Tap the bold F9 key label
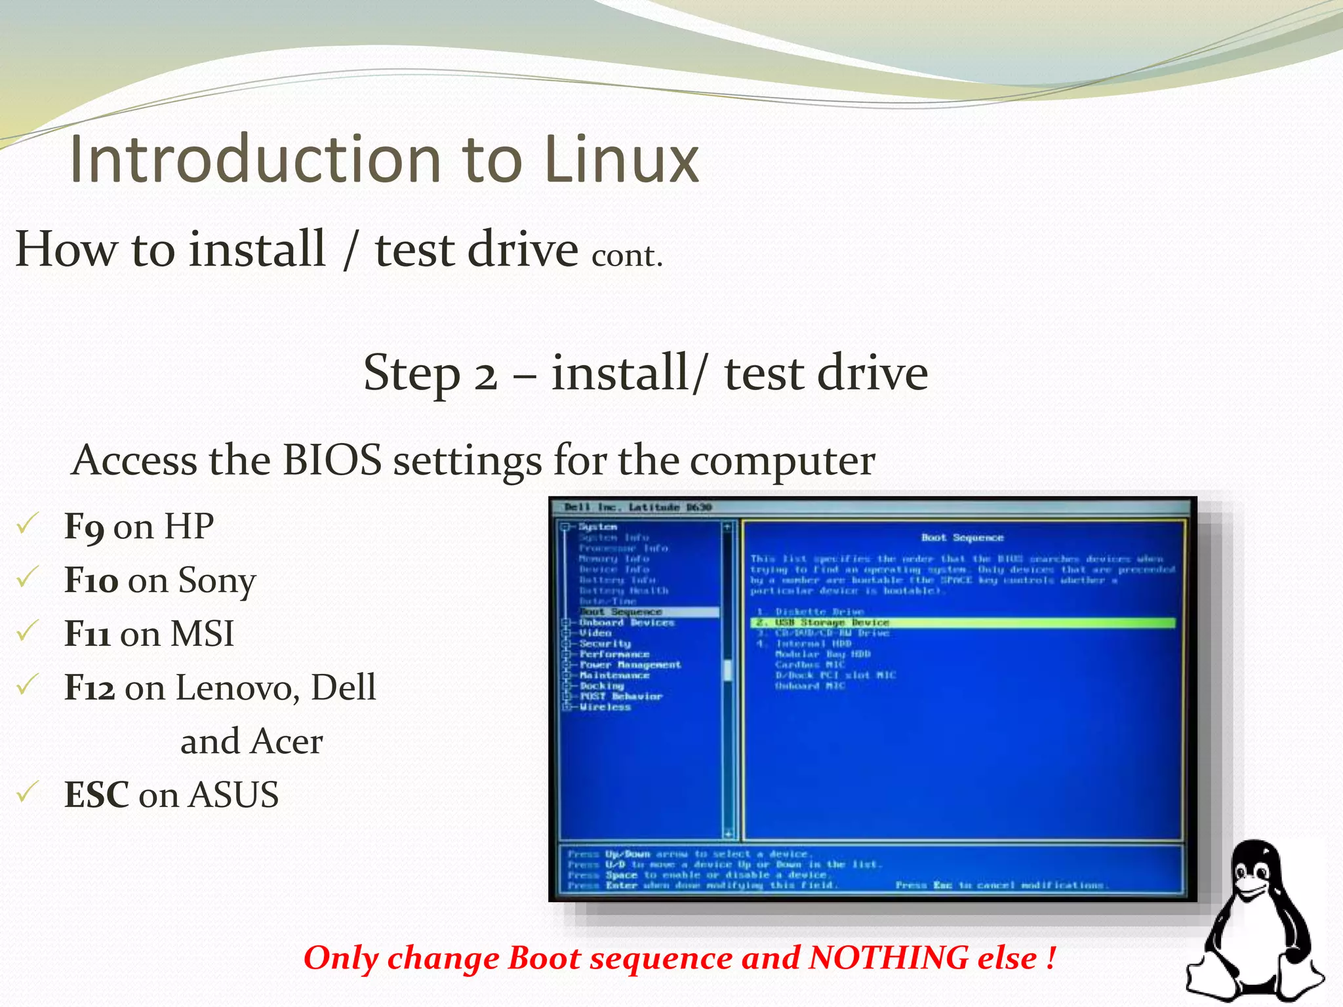pyautogui.click(x=83, y=526)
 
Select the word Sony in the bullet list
pyautogui.click(x=217, y=581)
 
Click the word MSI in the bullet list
pyautogui.click(x=202, y=634)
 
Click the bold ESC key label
pyautogui.click(x=96, y=795)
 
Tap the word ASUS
pyautogui.click(x=233, y=795)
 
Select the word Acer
pyautogui.click(x=287, y=741)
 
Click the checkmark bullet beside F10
pyautogui.click(x=28, y=578)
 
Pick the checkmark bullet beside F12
pyautogui.click(x=28, y=685)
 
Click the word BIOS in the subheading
pyautogui.click(x=332, y=460)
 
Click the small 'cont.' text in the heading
pyautogui.click(x=627, y=256)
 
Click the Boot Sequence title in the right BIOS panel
pyautogui.click(x=962, y=538)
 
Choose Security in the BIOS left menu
pyautogui.click(x=605, y=644)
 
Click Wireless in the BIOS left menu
pyautogui.click(x=605, y=707)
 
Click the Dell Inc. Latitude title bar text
pyautogui.click(x=637, y=507)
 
